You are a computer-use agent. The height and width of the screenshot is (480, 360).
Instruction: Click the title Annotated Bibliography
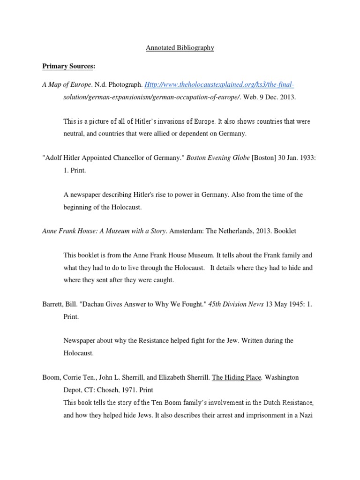pyautogui.click(x=180, y=48)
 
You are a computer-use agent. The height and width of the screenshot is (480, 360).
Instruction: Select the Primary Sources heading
pyautogui.click(x=68, y=66)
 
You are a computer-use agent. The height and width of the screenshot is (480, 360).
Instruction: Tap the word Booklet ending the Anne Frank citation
pyautogui.click(x=285, y=231)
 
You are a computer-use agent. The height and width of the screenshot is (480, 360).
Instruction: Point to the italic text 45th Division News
pyautogui.click(x=236, y=304)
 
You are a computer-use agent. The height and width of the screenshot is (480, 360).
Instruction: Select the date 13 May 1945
pyautogui.click(x=284, y=304)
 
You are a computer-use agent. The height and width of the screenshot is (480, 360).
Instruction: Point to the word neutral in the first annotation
pyautogui.click(x=74, y=133)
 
